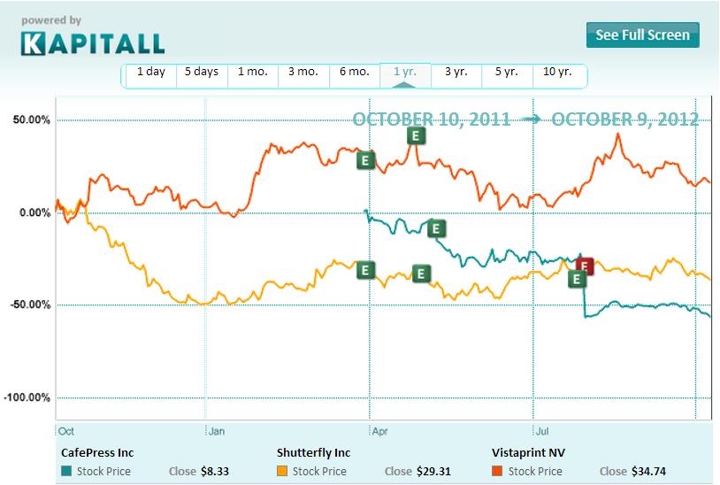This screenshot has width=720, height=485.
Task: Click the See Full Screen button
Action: (x=643, y=35)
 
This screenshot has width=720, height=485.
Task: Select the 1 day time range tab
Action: (x=150, y=73)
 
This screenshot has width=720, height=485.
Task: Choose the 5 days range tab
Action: (x=201, y=73)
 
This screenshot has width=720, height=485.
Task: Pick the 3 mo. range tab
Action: (x=303, y=73)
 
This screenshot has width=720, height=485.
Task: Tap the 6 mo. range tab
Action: (x=354, y=73)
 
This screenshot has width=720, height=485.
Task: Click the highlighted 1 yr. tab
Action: (x=404, y=73)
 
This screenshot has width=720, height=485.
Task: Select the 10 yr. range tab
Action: (x=557, y=73)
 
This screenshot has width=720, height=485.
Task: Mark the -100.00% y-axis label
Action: (x=28, y=397)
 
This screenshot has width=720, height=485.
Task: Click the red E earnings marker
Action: (x=585, y=266)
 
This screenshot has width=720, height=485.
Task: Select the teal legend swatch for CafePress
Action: (x=67, y=472)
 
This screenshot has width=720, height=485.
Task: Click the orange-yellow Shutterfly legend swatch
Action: (x=283, y=472)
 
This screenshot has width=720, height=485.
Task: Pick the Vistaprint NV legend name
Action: (x=529, y=451)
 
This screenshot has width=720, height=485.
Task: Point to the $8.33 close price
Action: (x=214, y=472)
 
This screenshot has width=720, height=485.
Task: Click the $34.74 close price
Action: (x=645, y=472)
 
